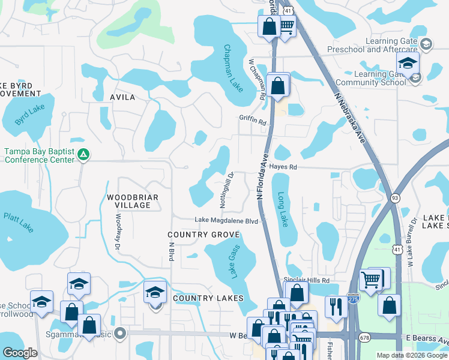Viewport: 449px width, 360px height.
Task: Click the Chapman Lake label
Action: pos(233,68)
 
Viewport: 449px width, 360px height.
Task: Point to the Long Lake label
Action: pos(283,209)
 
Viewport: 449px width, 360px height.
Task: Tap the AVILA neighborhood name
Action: pos(122,97)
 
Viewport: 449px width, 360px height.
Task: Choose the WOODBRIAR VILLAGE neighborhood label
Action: pos(128,201)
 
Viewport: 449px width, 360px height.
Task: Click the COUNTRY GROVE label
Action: pos(196,235)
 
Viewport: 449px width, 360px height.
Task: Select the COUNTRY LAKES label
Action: pos(208,298)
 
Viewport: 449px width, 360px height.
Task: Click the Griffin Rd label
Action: pos(252,121)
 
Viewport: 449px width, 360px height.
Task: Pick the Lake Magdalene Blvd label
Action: pos(226,221)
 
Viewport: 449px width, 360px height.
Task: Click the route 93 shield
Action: pos(395,197)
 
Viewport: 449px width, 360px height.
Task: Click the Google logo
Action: pos(20,352)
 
